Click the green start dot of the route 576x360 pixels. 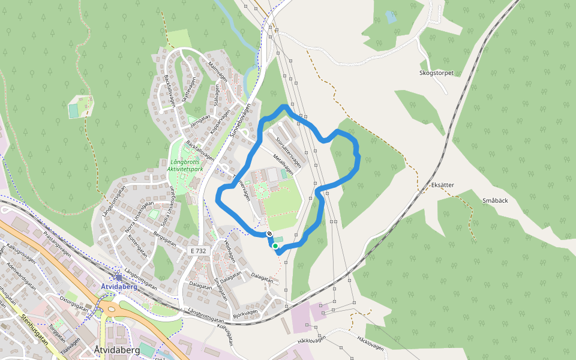click(x=275, y=246)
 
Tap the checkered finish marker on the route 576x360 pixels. click(x=271, y=234)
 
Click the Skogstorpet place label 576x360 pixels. click(x=436, y=73)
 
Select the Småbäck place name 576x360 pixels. click(x=495, y=200)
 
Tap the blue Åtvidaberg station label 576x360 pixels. click(x=119, y=287)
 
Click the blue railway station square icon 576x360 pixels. click(x=119, y=277)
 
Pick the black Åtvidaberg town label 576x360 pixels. click(x=117, y=349)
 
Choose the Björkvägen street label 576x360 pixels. click(x=245, y=314)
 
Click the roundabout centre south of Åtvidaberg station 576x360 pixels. click(x=110, y=308)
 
